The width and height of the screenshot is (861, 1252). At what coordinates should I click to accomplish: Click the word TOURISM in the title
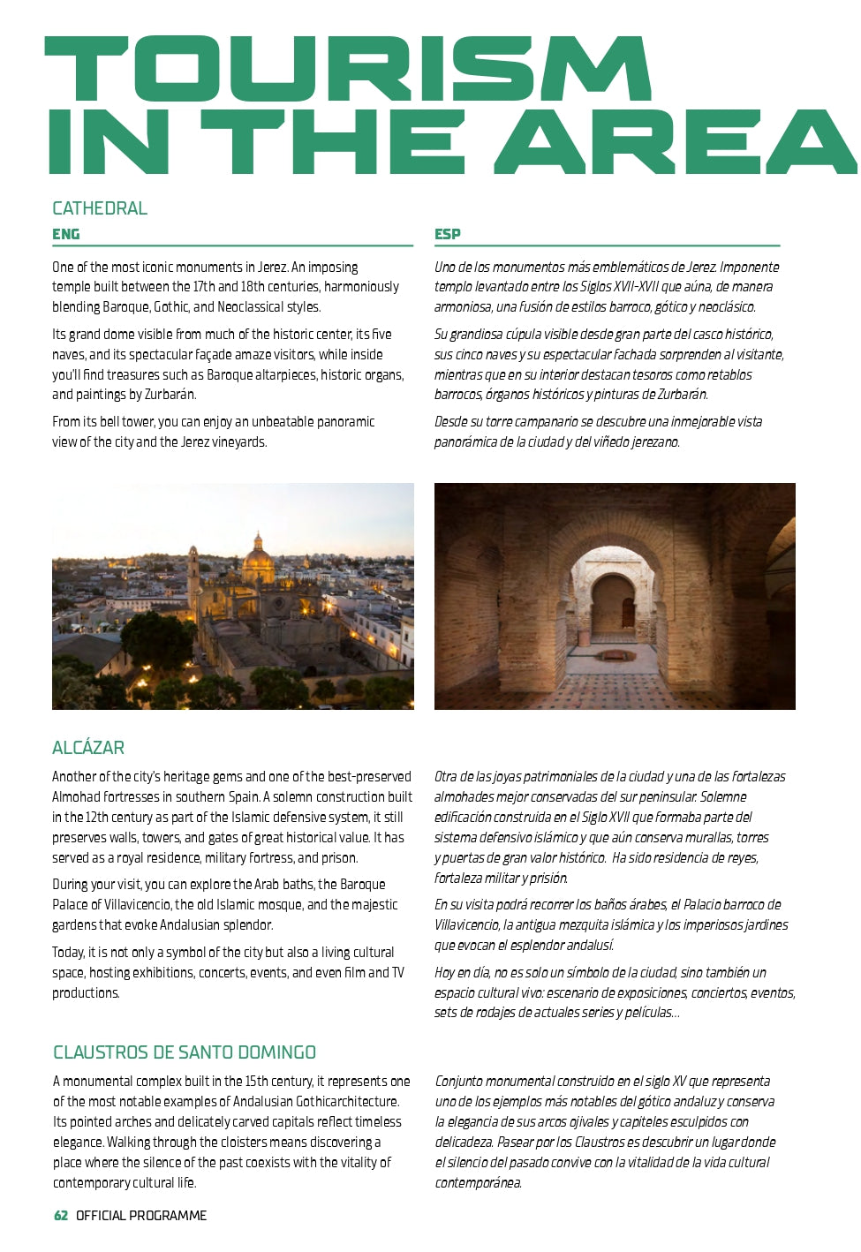349,69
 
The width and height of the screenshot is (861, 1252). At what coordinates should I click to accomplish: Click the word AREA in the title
676,141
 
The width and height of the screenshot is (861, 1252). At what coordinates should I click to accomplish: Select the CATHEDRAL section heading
100,208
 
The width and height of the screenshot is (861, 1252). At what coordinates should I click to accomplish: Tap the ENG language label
66,234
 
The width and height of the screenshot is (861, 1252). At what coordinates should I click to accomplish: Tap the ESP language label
447,234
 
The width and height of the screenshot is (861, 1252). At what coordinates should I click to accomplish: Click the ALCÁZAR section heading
88,748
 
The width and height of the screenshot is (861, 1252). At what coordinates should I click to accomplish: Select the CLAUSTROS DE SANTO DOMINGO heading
185,1052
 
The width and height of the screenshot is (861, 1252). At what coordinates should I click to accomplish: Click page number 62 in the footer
61,1216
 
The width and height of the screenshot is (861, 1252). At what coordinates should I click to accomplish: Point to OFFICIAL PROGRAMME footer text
141,1216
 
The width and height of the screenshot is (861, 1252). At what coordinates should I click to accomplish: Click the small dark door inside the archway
628,612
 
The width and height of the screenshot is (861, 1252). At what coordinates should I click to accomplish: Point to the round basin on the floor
616,655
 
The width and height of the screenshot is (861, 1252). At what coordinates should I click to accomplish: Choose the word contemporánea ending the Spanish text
478,1183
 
